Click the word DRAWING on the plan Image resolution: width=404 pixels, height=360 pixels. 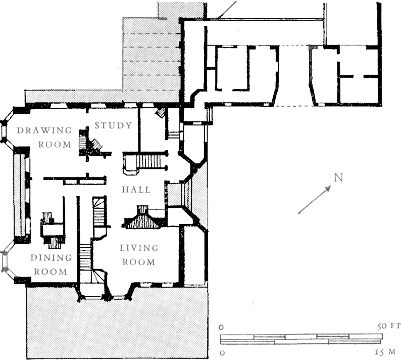[44, 130]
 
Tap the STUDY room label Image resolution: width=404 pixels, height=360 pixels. [113, 125]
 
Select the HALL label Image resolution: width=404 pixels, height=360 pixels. [136, 190]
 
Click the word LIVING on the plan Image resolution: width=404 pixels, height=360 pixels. [139, 248]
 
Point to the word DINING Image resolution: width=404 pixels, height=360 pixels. [51, 258]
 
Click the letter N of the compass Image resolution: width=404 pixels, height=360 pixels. [338, 177]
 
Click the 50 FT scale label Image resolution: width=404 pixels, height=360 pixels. [389, 326]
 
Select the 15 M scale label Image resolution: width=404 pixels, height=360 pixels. [385, 352]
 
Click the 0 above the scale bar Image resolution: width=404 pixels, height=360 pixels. [221, 328]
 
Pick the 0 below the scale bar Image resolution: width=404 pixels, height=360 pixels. [222, 352]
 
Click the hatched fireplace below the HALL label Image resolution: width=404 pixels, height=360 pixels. [142, 217]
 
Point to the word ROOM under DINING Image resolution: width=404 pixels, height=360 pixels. [50, 272]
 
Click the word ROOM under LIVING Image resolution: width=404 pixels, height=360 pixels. [139, 262]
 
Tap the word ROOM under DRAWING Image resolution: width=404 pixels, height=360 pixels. [55, 145]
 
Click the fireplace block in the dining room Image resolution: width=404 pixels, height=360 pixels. [53, 230]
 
